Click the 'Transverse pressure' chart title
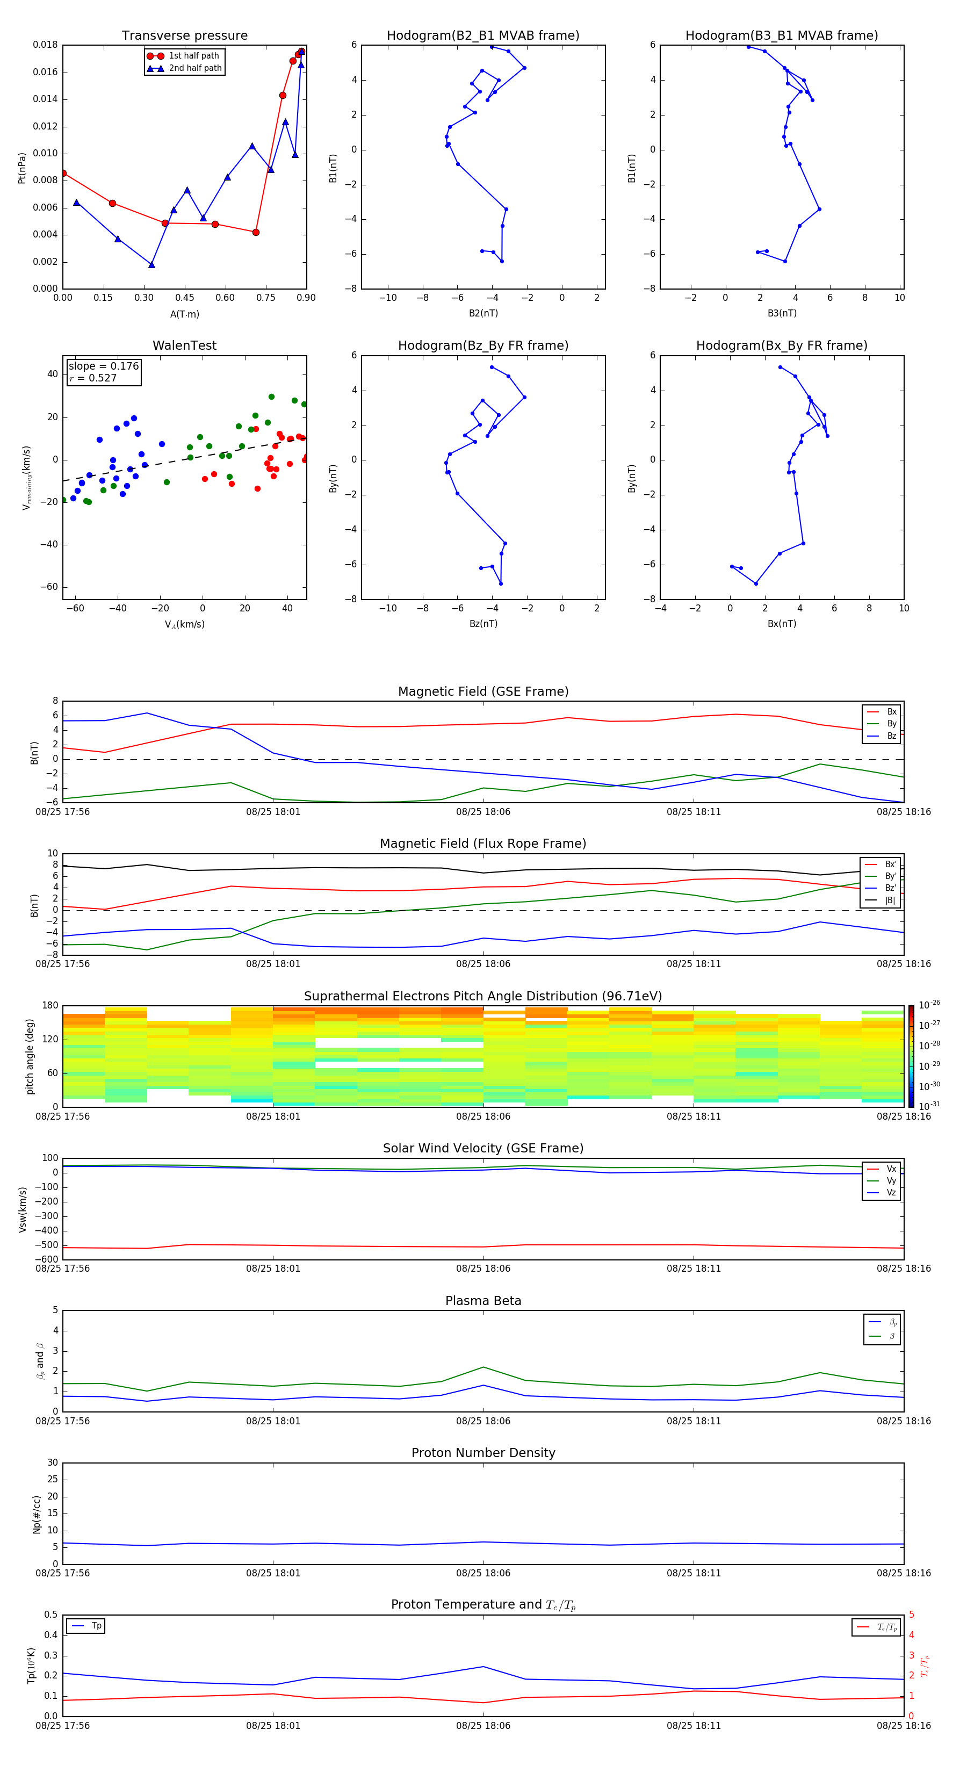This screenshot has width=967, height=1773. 184,36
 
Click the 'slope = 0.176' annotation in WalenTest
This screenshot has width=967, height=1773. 103,366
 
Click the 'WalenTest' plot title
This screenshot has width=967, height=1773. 184,345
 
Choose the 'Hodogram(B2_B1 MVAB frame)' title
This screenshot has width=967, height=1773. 482,36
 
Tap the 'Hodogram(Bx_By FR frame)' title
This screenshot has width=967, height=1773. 781,345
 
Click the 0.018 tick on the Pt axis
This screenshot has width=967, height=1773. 46,46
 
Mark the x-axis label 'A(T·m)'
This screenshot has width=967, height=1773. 184,314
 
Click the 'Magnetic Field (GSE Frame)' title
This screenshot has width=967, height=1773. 483,691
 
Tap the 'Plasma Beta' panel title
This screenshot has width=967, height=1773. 483,1301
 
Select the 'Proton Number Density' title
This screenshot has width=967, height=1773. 483,1453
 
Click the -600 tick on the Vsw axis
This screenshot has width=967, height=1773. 46,1259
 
